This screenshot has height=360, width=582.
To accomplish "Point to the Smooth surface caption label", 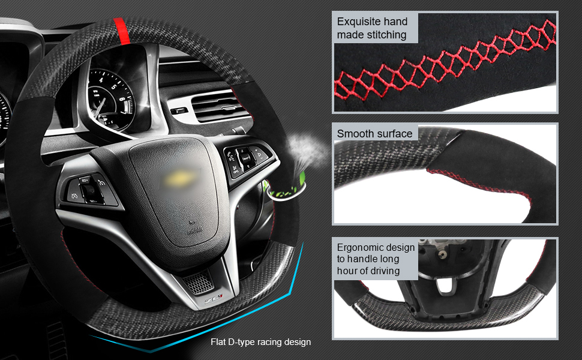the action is pyautogui.click(x=374, y=134).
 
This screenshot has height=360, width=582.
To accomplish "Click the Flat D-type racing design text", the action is pyautogui.click(x=260, y=342).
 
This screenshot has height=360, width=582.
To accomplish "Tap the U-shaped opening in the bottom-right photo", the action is pyautogui.click(x=446, y=284).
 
